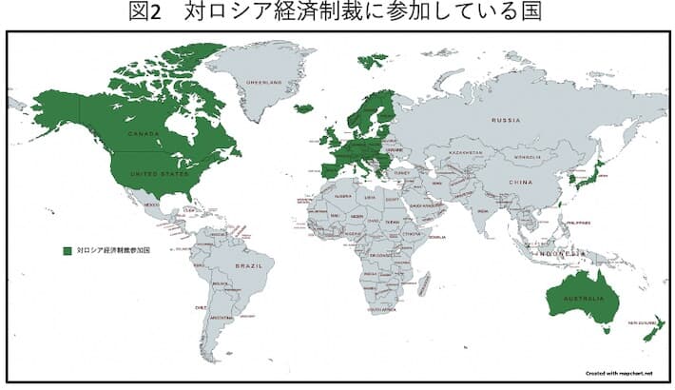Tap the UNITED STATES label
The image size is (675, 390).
[x=145, y=174]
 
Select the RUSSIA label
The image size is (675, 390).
[x=505, y=121]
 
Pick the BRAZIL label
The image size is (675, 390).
[x=248, y=265]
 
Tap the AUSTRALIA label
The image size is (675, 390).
[x=582, y=300]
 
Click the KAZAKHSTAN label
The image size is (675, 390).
[x=466, y=152]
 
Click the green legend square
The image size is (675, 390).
[x=67, y=250]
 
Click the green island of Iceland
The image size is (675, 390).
[x=303, y=108]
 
